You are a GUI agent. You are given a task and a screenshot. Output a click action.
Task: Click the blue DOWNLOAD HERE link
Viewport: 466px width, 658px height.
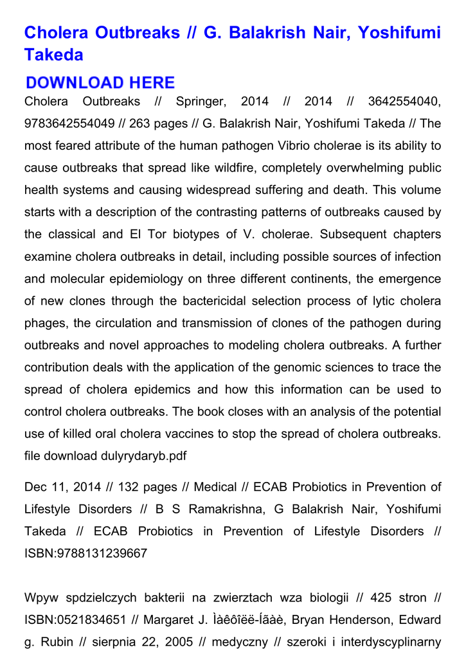click(x=100, y=82)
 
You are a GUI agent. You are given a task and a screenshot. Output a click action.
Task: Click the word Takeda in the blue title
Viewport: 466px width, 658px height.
click(x=54, y=55)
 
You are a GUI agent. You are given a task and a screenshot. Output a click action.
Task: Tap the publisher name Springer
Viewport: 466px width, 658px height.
click(x=201, y=102)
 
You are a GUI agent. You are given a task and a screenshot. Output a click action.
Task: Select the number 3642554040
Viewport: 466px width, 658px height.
click(x=404, y=102)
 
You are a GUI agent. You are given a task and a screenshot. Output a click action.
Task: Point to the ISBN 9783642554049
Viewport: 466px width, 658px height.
click(x=69, y=123)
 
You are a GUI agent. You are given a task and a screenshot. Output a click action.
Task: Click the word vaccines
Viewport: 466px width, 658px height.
click(x=208, y=434)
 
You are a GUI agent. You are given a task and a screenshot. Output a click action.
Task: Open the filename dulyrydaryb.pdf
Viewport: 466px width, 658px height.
click(x=145, y=456)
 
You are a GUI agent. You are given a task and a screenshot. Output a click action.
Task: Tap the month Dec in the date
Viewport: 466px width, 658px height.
click(x=35, y=487)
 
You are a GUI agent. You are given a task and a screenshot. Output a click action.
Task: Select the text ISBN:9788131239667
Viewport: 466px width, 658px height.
click(x=85, y=553)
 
